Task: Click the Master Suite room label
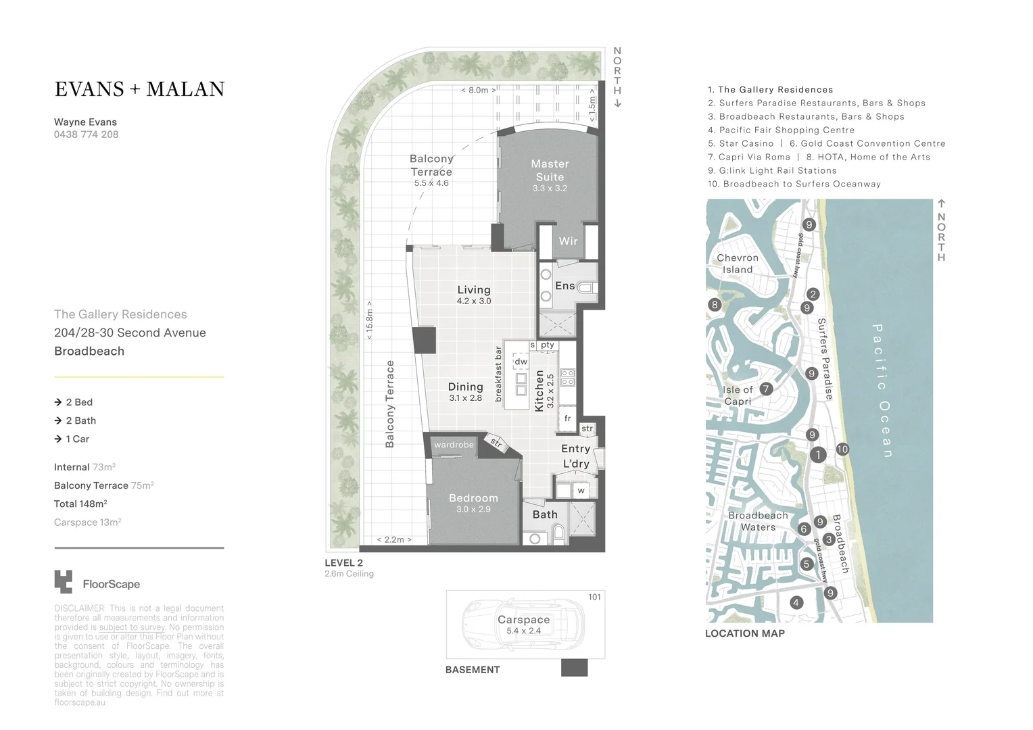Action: (550, 170)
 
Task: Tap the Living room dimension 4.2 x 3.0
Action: (473, 301)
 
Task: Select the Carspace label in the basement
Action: (523, 620)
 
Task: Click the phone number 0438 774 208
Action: (86, 135)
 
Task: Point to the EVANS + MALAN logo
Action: (139, 89)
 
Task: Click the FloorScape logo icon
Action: (63, 582)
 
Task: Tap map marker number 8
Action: (715, 305)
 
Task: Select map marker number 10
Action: (842, 449)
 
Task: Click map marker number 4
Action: (796, 603)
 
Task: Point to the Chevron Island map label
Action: (737, 264)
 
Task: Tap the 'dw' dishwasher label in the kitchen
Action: (521, 362)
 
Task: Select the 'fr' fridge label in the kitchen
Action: (568, 418)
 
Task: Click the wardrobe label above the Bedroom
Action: (454, 445)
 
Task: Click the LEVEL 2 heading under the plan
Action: (343, 562)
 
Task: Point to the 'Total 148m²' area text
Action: (80, 504)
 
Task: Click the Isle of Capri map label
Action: (737, 395)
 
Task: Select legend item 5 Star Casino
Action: (740, 143)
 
